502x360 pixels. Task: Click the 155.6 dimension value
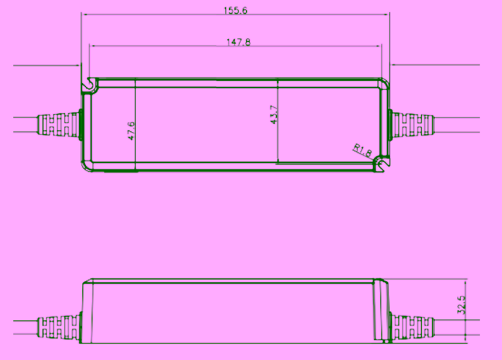tap(236, 10)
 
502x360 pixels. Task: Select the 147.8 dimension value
tap(238, 42)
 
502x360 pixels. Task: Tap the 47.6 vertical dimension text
tap(131, 131)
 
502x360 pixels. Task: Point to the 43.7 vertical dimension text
tap(274, 115)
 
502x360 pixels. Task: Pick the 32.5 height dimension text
tap(461, 305)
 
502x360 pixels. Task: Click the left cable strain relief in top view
tap(58, 125)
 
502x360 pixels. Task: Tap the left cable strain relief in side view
tap(59, 327)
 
